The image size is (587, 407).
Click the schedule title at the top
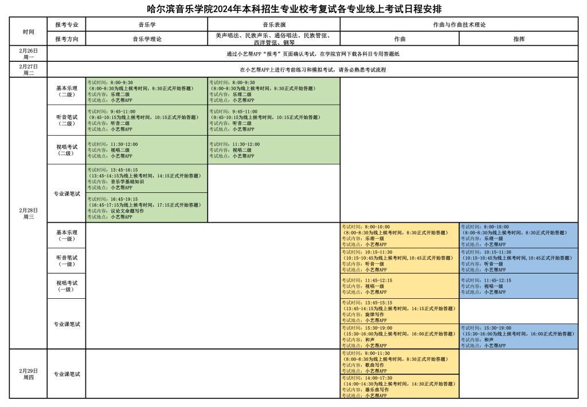point(293,9)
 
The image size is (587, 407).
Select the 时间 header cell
point(28,31)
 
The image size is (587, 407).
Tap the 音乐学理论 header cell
point(147,39)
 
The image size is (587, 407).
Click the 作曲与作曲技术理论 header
point(459,25)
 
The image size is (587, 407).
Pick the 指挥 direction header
point(518,39)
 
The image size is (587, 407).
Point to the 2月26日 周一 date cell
point(28,54)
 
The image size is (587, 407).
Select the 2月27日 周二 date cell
point(28,69)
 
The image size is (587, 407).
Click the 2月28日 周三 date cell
point(28,212)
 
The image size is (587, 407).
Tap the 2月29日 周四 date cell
point(28,374)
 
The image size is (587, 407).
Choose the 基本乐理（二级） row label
point(66,92)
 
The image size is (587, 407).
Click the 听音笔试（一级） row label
point(66,260)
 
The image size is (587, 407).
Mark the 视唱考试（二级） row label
point(66,150)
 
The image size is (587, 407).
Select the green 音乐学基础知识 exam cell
point(146,179)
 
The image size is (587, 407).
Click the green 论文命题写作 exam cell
point(146,208)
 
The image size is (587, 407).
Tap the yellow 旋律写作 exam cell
point(399,311)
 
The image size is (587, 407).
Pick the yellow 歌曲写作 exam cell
point(399,362)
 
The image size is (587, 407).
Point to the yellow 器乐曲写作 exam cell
point(399,386)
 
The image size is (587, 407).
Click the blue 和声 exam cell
point(518,337)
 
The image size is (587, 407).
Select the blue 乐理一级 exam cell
point(518,235)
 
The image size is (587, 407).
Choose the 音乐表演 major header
point(273,25)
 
